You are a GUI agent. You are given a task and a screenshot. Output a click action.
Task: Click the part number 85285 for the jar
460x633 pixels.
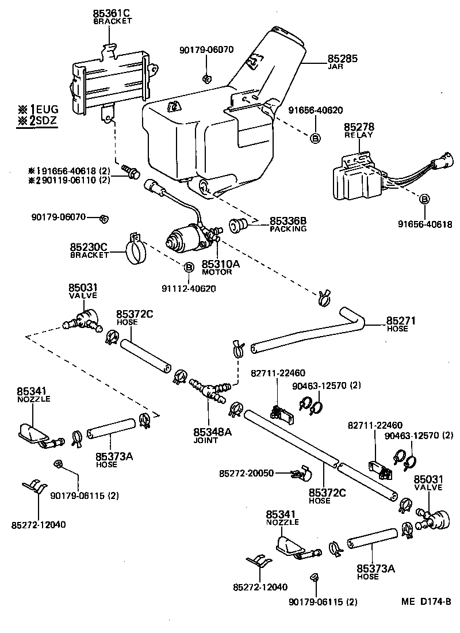tap(342, 59)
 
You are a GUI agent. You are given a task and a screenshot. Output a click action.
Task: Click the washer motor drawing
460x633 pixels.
tap(185, 238)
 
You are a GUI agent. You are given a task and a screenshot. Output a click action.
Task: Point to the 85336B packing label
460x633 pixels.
tap(287, 221)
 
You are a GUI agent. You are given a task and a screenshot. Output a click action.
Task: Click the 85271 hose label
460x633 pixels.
tap(401, 321)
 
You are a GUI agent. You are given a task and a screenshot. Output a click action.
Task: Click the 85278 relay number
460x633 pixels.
tap(358, 126)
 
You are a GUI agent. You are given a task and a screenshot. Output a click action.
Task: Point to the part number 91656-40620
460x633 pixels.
tap(315, 110)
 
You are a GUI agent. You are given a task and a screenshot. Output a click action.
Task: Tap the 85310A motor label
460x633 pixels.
tap(217, 264)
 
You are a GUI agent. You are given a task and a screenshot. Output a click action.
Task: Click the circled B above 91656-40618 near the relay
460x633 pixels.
tap(424, 200)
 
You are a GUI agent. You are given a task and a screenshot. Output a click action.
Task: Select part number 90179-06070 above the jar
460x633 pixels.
tap(206, 49)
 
